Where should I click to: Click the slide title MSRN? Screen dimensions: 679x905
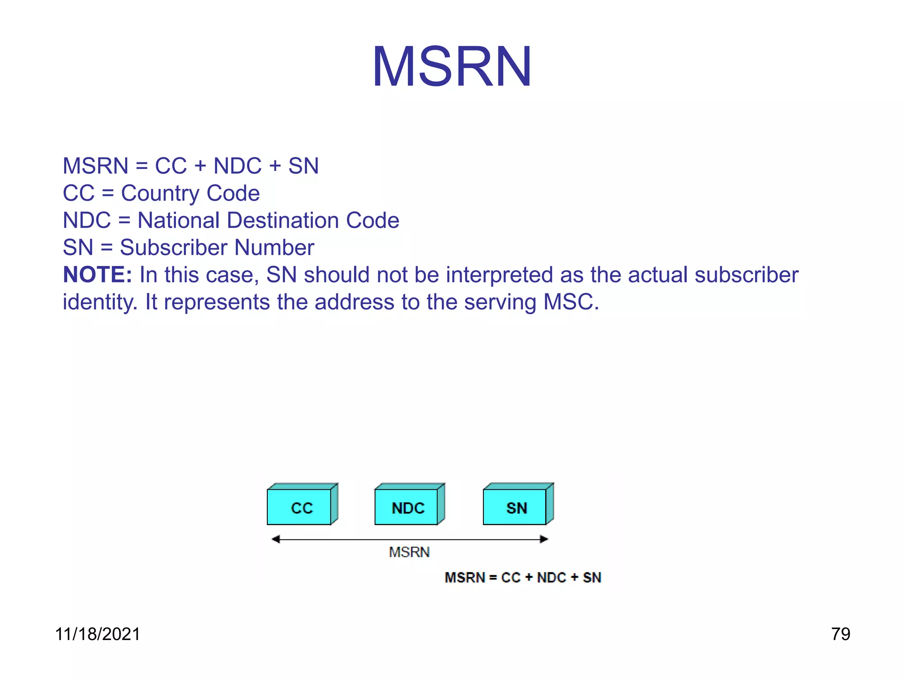click(x=452, y=67)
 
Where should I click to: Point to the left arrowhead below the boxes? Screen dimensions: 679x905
click(x=276, y=539)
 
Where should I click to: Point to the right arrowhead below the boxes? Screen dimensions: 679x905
click(x=544, y=539)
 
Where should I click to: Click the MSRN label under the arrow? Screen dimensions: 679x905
click(x=409, y=553)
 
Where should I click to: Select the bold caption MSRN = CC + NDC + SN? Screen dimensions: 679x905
click(x=523, y=578)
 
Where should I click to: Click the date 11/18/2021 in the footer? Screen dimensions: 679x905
click(x=98, y=634)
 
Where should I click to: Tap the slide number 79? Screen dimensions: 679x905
click(x=840, y=634)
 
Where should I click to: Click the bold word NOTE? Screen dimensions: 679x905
click(x=98, y=275)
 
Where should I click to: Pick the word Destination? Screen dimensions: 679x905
click(x=283, y=221)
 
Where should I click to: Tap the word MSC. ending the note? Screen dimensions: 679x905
click(x=571, y=302)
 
